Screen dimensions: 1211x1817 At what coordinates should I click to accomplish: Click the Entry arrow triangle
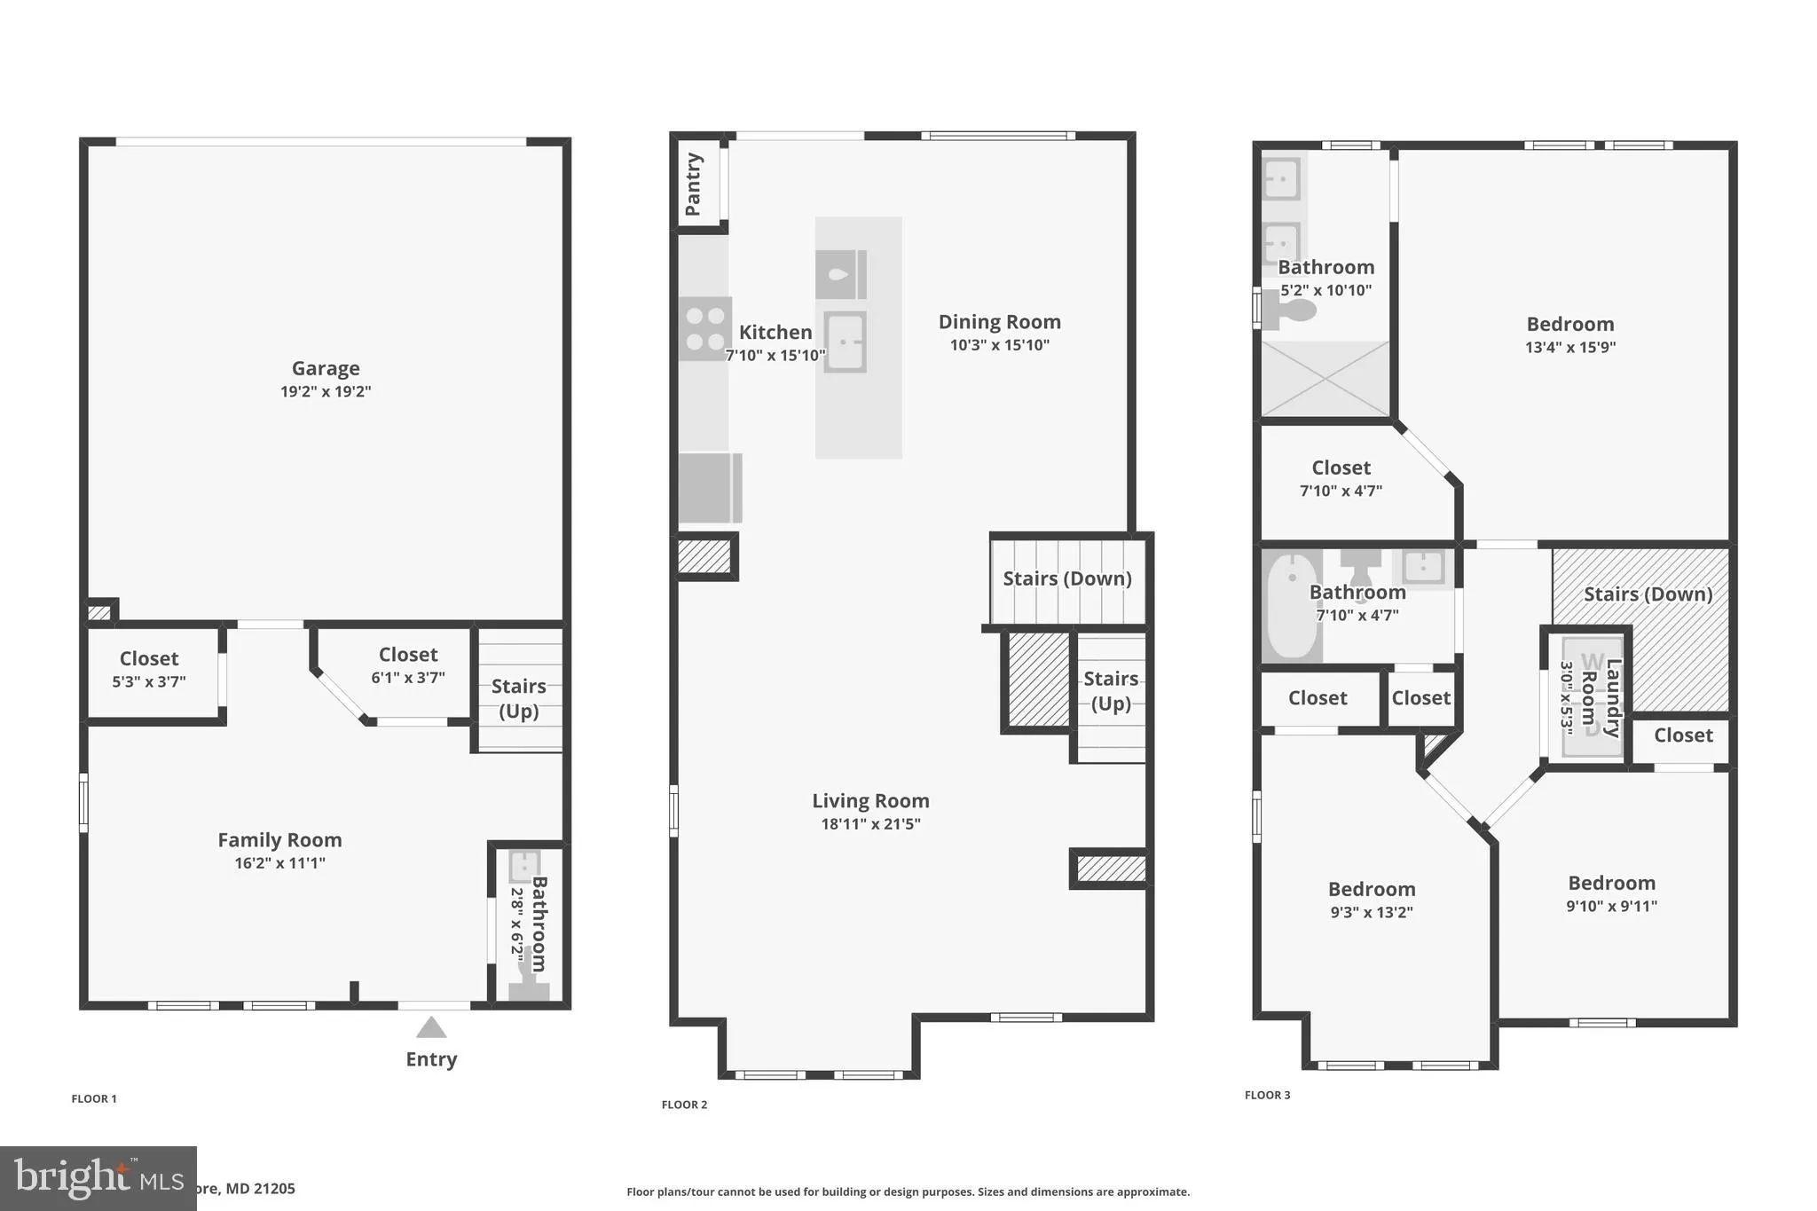pos(431,1027)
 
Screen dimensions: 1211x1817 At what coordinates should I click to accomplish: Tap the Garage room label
pos(326,368)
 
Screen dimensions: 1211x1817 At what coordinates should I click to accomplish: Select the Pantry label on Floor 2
pos(693,185)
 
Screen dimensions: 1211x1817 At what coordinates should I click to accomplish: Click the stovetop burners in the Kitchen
pos(705,328)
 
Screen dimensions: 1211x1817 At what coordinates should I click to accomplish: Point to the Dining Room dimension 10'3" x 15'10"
pos(999,345)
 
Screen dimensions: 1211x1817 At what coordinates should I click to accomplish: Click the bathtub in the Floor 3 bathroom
pos(1291,607)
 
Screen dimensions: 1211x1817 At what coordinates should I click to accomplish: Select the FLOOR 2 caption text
pos(684,1105)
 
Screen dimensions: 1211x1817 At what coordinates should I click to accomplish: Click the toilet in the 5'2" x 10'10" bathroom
pos(1291,311)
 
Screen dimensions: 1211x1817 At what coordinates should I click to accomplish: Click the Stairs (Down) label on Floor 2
pos(1066,578)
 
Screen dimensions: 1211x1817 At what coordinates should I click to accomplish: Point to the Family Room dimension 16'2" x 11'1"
pos(279,863)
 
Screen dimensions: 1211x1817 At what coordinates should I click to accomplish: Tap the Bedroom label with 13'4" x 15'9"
pos(1569,325)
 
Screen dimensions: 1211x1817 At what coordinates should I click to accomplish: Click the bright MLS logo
pos(98,1179)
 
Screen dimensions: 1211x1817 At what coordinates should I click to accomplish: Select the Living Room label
pos(870,801)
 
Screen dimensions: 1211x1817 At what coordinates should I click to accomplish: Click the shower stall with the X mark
pos(1325,379)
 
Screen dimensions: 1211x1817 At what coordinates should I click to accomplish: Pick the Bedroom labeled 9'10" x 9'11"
pos(1611,884)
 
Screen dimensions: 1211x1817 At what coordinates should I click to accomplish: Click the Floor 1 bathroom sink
pos(524,865)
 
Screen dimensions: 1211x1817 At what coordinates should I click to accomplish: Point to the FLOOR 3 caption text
pos(1267,1095)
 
